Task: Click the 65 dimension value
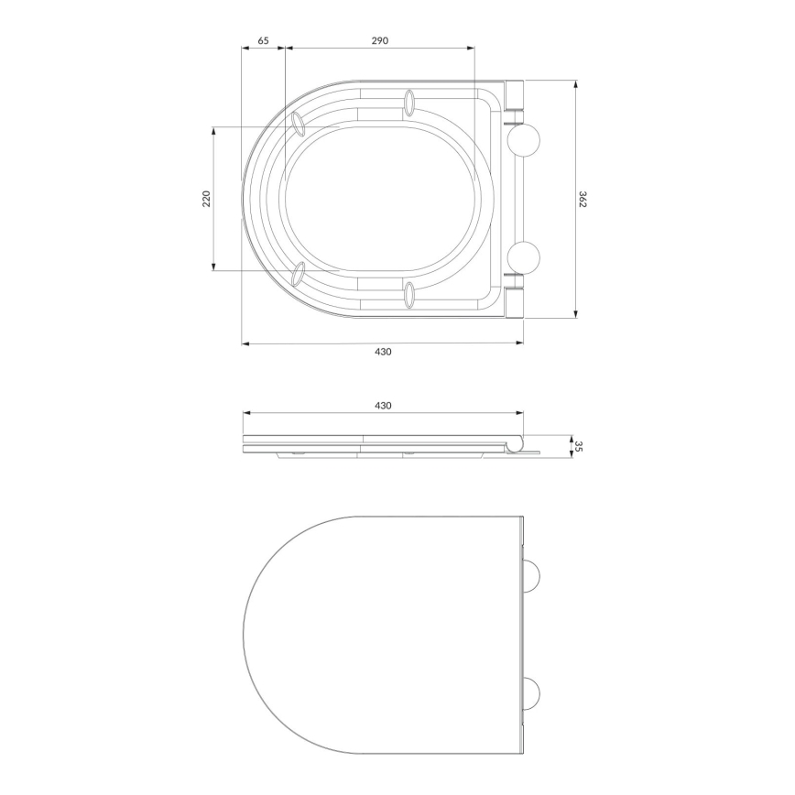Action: click(x=263, y=40)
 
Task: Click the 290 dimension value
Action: click(x=380, y=40)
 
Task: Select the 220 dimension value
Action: click(x=206, y=198)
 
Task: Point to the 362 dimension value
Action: click(x=583, y=199)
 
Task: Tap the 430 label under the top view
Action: click(x=383, y=353)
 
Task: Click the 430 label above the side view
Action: click(x=383, y=404)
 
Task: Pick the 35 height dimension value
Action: click(x=580, y=446)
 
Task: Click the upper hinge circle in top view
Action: click(x=525, y=138)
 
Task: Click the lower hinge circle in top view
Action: click(x=525, y=258)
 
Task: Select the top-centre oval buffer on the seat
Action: click(x=408, y=103)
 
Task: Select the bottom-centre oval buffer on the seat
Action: click(x=408, y=294)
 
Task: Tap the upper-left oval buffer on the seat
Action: click(x=299, y=124)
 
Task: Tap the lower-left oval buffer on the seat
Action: click(x=299, y=273)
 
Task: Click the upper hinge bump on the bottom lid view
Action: click(x=531, y=574)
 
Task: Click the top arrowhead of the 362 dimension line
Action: click(x=575, y=83)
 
